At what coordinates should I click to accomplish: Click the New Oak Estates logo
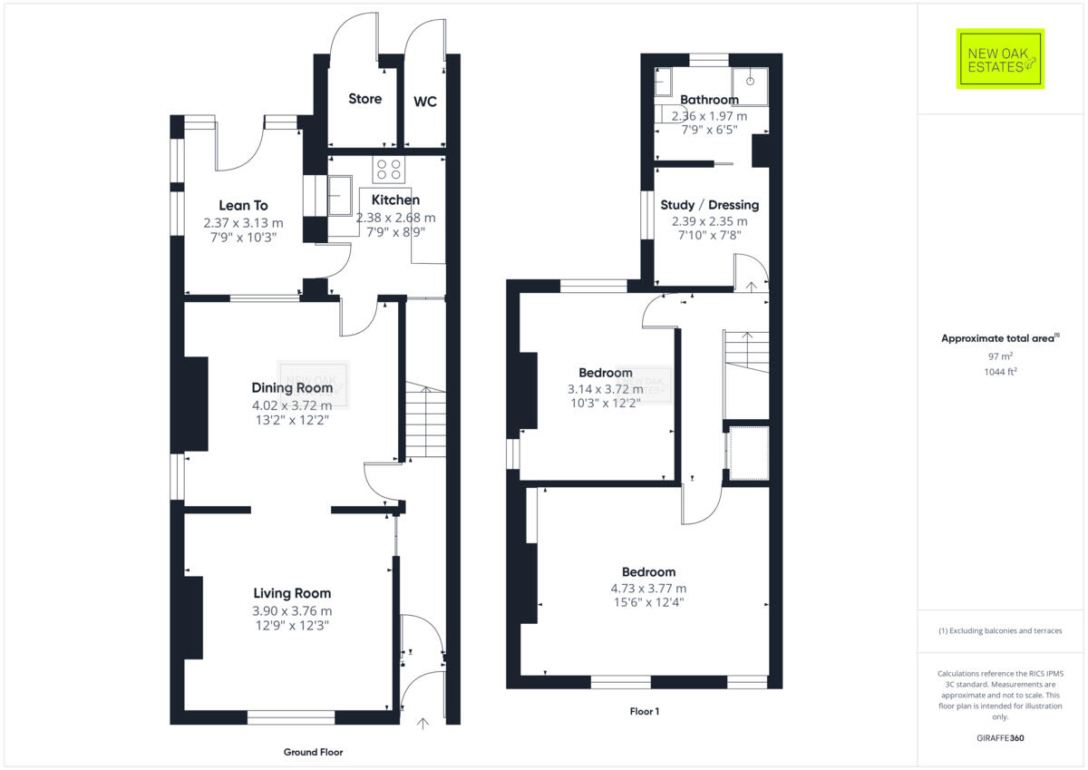point(1000,59)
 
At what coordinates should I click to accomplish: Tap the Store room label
point(365,99)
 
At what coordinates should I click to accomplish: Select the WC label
point(425,102)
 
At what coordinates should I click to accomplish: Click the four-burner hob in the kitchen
point(390,170)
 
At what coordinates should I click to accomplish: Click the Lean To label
point(243,206)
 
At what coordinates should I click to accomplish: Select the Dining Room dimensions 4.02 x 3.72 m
point(292,404)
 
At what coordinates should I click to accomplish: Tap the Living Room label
point(292,593)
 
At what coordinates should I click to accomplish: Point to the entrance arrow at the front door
point(423,723)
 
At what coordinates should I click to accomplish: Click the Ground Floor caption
point(314,752)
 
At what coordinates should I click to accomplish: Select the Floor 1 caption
point(645,712)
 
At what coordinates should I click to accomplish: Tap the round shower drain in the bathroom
point(749,78)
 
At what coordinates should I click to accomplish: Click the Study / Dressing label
point(709,205)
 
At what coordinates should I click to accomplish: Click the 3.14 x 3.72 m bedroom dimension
point(605,389)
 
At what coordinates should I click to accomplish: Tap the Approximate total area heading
point(999,338)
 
